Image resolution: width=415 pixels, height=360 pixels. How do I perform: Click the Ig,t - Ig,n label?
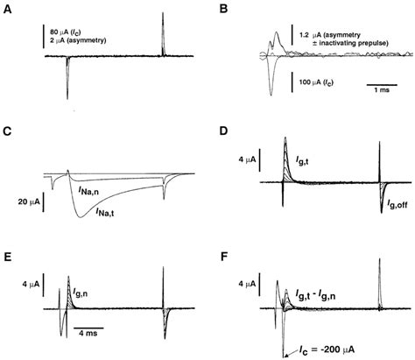323,298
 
